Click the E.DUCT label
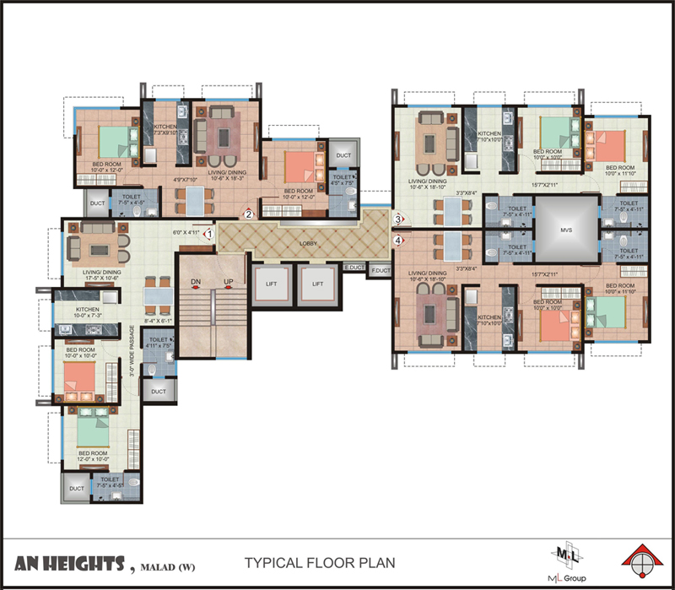(x=353, y=268)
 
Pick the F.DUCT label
(x=381, y=269)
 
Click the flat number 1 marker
(x=208, y=233)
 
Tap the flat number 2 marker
(x=249, y=214)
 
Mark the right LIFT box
(x=317, y=285)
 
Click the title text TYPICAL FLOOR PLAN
(x=318, y=562)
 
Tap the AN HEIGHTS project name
(x=71, y=563)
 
